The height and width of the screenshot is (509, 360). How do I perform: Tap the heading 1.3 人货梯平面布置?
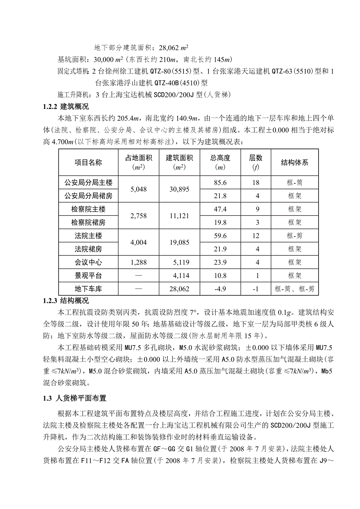point(74,399)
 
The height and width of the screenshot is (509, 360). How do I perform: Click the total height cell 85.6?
point(220,183)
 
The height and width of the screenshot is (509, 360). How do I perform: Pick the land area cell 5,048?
point(138,189)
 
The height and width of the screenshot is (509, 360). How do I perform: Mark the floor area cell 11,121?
point(180,216)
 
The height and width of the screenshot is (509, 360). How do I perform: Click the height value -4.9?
point(220,289)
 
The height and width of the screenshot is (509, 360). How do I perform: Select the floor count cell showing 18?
point(257,183)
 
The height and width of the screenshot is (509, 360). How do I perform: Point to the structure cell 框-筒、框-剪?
point(294,289)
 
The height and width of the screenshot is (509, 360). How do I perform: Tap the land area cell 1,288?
point(138,262)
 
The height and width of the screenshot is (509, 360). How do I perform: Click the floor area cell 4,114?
point(180,276)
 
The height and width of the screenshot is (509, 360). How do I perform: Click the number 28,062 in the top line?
point(169,48)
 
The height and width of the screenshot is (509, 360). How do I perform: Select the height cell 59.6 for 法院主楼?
point(220,236)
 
